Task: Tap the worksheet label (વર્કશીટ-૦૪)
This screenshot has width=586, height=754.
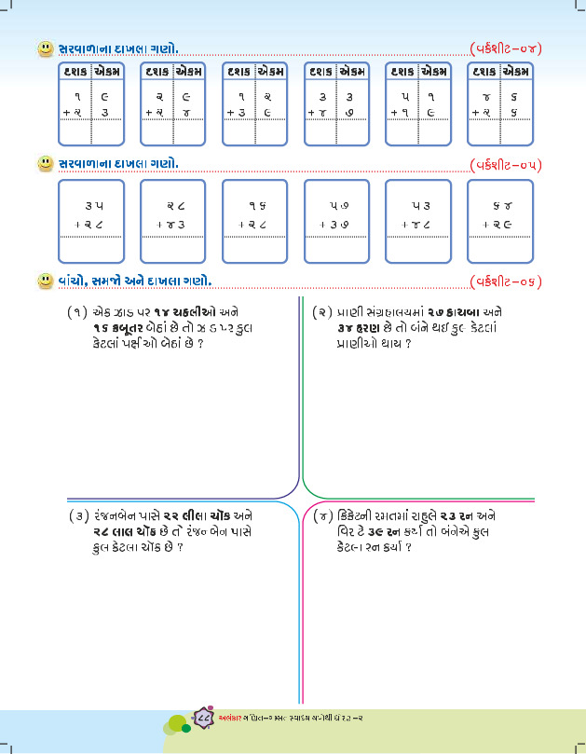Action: (x=506, y=48)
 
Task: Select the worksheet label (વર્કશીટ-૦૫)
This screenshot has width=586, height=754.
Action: (x=506, y=165)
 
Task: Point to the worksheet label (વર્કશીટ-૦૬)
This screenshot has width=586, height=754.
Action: (x=506, y=281)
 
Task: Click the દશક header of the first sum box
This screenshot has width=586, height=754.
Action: (x=75, y=71)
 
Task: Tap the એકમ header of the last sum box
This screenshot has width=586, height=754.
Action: (x=516, y=71)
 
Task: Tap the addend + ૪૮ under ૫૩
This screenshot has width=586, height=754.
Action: (x=420, y=225)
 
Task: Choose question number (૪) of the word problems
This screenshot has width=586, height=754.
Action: (x=322, y=515)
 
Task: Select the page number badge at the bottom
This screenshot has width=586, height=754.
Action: (x=204, y=717)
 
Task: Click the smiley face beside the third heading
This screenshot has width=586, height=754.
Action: (x=44, y=281)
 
